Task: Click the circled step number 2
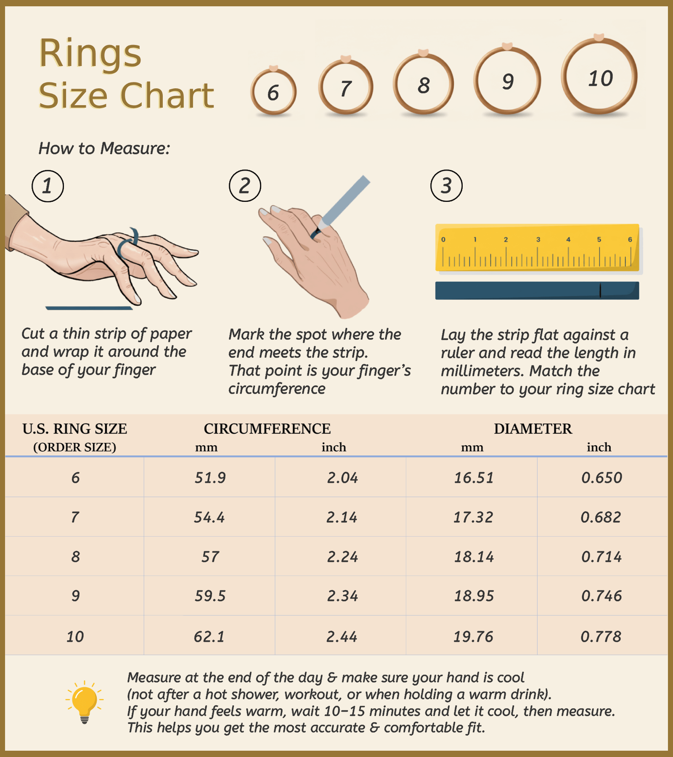[x=245, y=186]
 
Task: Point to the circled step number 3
[x=446, y=186]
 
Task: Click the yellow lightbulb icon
[x=85, y=702]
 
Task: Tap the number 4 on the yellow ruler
[x=568, y=239]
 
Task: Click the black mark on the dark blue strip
[x=600, y=291]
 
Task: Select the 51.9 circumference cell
[x=210, y=478]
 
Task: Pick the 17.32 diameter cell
[x=473, y=517]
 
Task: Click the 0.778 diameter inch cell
[x=601, y=637]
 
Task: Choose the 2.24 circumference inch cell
[x=342, y=557]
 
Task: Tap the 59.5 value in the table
[x=210, y=596]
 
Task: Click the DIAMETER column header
[x=533, y=429]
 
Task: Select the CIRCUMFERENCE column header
[x=267, y=429]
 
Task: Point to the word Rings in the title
[x=90, y=54]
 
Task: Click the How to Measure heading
[x=104, y=148]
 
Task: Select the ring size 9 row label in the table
[x=75, y=596]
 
